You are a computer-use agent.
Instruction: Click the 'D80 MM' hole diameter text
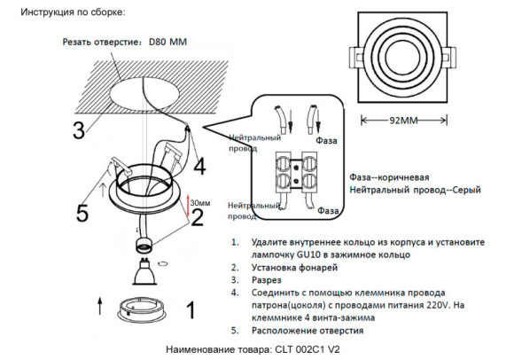(x=168, y=42)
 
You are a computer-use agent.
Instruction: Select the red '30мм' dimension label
(x=200, y=203)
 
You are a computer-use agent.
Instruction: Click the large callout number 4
(x=199, y=166)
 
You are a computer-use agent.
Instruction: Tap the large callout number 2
(x=198, y=216)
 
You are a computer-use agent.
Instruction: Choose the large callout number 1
(x=188, y=310)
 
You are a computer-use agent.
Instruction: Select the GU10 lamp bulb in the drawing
(x=141, y=276)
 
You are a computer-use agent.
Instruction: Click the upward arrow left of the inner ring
(x=99, y=308)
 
